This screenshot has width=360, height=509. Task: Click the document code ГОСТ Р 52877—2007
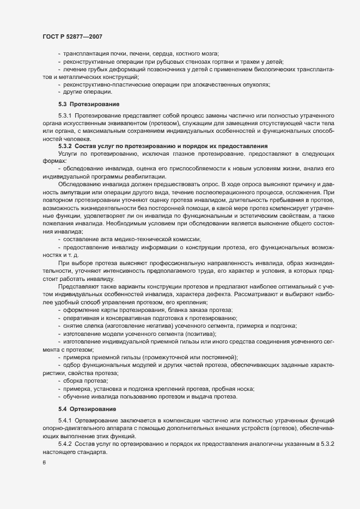pyautogui.click(x=73, y=36)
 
